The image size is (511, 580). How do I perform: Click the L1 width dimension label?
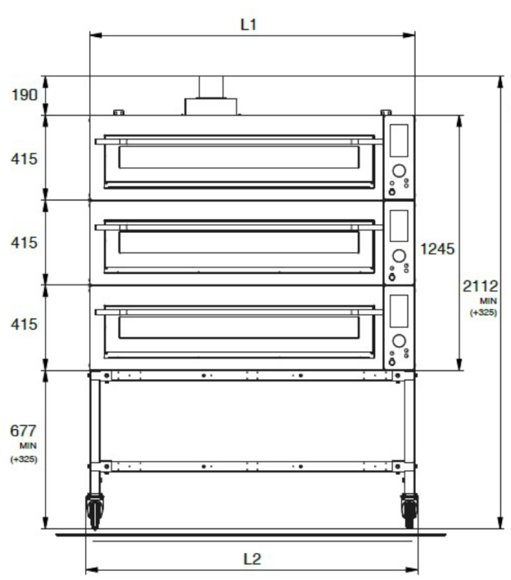tap(248, 25)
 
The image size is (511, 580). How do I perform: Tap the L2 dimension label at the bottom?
tap(252, 559)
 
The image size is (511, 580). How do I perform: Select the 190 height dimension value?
tap(25, 95)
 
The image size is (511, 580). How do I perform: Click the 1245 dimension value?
tap(438, 249)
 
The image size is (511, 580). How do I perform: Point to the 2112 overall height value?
tap(480, 286)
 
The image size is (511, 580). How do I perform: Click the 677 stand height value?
tap(23, 431)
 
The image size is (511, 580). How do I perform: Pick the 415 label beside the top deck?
tap(24, 159)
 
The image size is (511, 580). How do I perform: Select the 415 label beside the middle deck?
tap(24, 243)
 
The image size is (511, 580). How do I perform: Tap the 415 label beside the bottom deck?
tap(24, 324)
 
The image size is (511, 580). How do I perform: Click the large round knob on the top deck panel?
tap(399, 171)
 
